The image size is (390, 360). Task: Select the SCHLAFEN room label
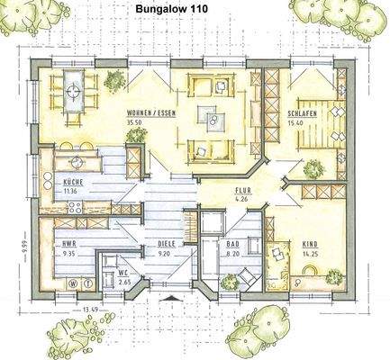[x=302, y=114]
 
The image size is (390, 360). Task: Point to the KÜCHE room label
[x=73, y=183]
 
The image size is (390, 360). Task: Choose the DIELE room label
[x=168, y=245]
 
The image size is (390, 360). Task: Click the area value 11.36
[x=73, y=191]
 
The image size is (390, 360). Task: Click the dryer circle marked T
[x=86, y=281]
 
